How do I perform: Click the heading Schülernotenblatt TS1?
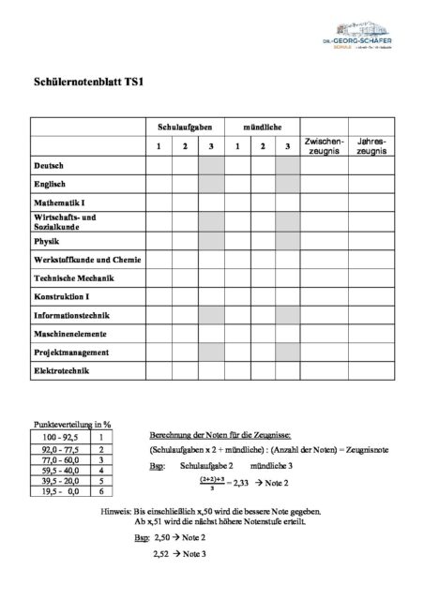tap(83, 82)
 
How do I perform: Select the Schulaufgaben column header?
tap(185, 126)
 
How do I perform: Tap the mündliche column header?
tap(263, 126)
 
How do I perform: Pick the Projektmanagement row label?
tap(71, 352)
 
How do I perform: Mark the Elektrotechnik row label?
tap(65, 372)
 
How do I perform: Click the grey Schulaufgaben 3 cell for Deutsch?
tap(211, 165)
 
